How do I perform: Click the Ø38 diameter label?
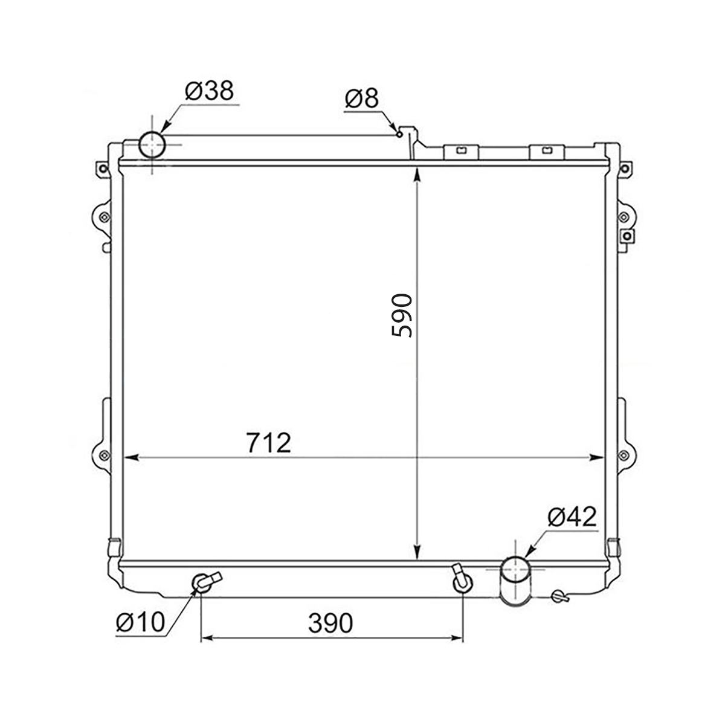pyautogui.click(x=209, y=91)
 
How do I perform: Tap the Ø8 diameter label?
pyautogui.click(x=361, y=99)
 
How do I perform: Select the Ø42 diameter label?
pyautogui.click(x=572, y=517)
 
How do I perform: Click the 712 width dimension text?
pyautogui.click(x=269, y=443)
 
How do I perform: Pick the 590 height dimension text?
pyautogui.click(x=402, y=315)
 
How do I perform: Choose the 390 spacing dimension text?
pyautogui.click(x=330, y=623)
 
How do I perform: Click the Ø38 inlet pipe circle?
pyautogui.click(x=152, y=144)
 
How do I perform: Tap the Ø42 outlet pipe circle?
pyautogui.click(x=515, y=570)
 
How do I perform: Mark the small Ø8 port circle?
pyautogui.click(x=399, y=134)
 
